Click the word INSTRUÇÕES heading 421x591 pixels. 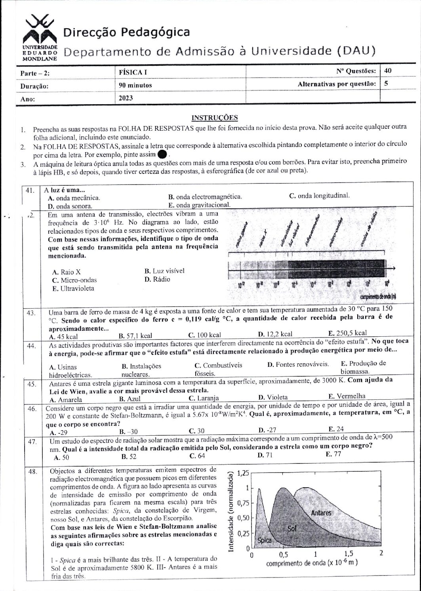pos(214,118)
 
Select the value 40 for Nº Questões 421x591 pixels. pos(388,71)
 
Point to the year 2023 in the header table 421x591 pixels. pos(126,98)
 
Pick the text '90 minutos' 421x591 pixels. pos(135,85)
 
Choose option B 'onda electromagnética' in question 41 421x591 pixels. pos(205,197)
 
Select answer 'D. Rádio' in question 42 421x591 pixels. pos(157,279)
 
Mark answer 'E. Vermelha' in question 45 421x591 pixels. pos(347,396)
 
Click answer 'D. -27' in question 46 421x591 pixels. pos(268,431)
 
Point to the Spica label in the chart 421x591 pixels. pos(264,540)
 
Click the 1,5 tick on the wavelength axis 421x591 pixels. pos(349,554)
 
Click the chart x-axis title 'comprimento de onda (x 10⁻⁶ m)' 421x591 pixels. pos(312,563)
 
